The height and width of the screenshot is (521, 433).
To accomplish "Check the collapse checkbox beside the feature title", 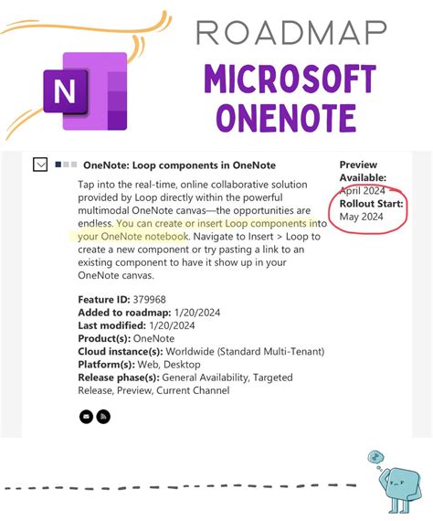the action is coord(40,165).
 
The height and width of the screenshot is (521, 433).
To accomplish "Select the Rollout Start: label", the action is coord(371,203).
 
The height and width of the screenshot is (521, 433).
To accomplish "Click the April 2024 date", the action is coord(364,190).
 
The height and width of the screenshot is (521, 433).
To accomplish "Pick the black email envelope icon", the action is coord(86,417).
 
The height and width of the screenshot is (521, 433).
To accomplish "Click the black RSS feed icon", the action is coord(104,417).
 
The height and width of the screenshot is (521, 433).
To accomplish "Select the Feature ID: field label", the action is coord(104,300).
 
